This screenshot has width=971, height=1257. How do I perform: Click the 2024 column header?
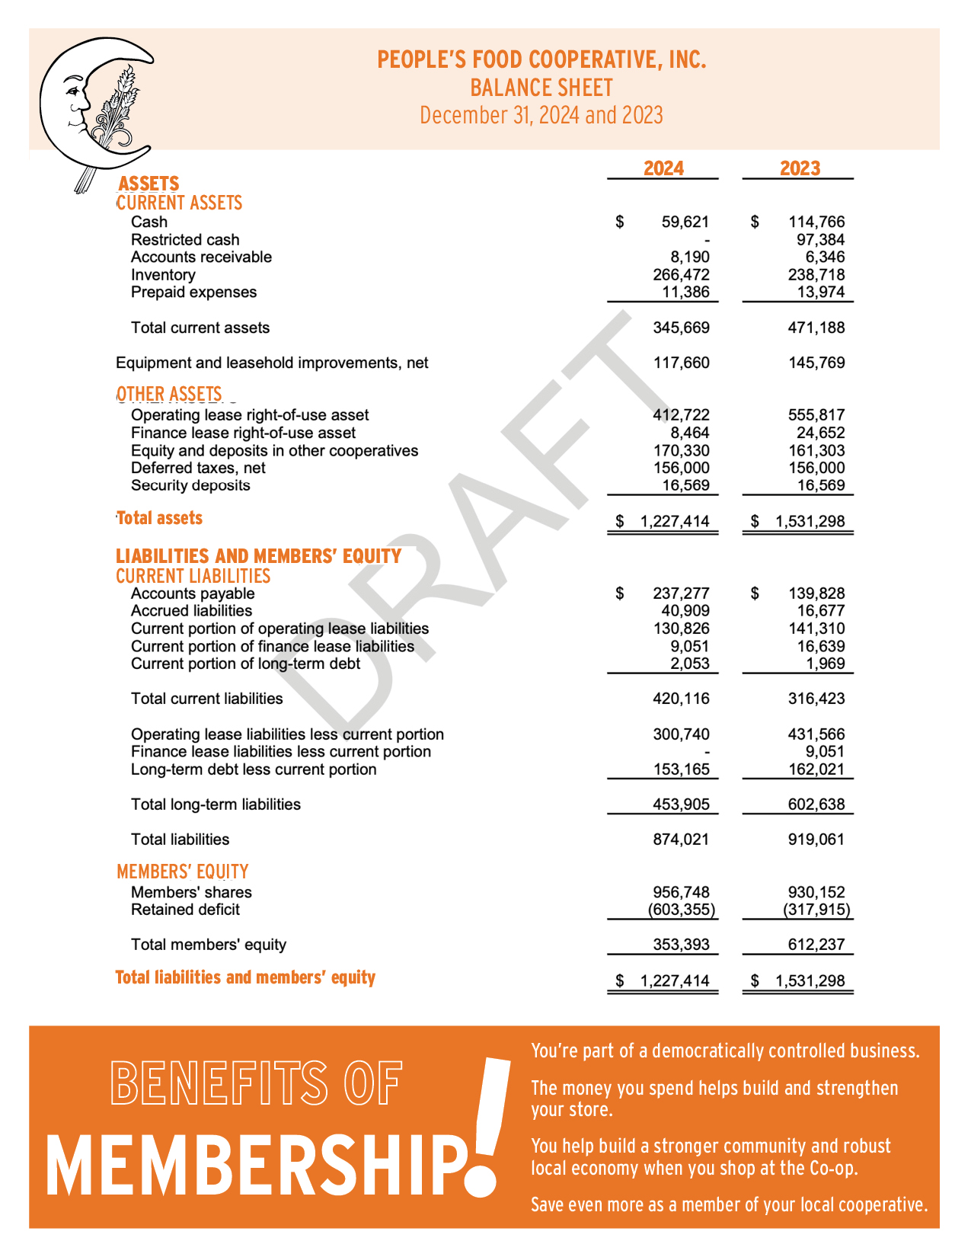coord(663,168)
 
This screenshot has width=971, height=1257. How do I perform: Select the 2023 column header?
coord(800,168)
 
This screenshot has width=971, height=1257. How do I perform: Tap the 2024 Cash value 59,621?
coord(685,222)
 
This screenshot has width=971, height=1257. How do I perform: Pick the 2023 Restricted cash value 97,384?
coord(820,240)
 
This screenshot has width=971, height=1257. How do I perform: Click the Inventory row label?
coord(163,275)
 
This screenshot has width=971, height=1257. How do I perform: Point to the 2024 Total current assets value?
coord(681,328)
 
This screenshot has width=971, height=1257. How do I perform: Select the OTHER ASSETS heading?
coord(169,394)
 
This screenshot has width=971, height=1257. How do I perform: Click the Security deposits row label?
coord(190,485)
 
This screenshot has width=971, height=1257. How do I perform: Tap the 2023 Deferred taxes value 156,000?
coord(816,468)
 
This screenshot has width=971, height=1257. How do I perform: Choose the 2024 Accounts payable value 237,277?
coord(681,593)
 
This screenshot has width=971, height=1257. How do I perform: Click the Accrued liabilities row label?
coord(191,611)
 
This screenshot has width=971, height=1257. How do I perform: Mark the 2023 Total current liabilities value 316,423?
coord(816,699)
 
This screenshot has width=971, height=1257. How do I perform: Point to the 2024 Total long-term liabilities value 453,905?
coord(681,804)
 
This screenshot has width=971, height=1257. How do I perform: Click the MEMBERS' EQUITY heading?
coord(183,872)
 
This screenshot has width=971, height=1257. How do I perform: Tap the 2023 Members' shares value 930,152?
coord(816,892)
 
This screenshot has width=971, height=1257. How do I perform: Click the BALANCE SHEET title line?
coord(541,88)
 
